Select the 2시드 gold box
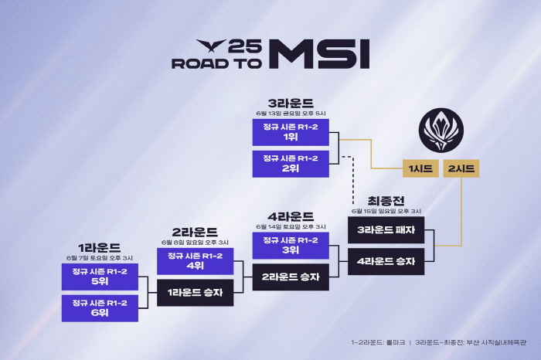[x=461, y=168]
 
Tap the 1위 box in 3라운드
[x=291, y=131]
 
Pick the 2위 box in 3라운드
[x=291, y=163]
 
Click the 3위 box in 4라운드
[x=291, y=245]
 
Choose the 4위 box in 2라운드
[x=195, y=261]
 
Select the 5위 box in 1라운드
[x=100, y=276]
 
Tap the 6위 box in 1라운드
[x=100, y=307]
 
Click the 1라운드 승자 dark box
[x=195, y=293]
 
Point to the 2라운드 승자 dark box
[x=291, y=277]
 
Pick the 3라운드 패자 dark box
[x=386, y=229]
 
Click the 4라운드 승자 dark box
[x=386, y=261]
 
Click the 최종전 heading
[x=386, y=200]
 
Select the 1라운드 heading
[x=99, y=247]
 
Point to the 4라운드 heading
[x=291, y=216]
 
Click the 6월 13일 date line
[x=291, y=113]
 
